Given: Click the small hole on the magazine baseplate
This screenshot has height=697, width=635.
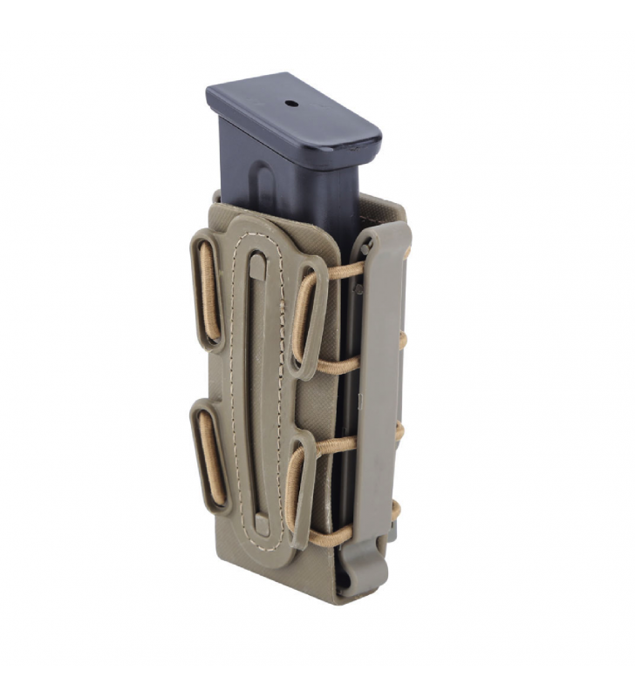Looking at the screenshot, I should pos(290,104).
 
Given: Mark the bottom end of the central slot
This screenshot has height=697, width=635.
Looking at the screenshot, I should pos(262,524).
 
